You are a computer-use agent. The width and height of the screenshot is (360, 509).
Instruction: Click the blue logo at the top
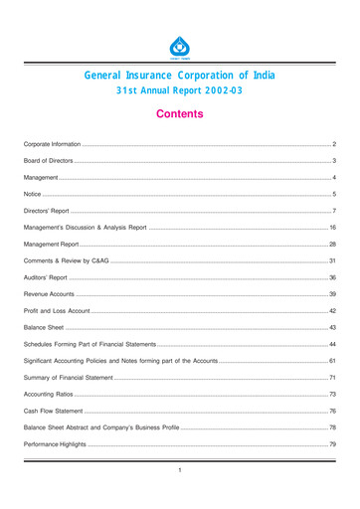click(179, 46)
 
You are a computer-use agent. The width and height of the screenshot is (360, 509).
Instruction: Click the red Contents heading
click(179, 114)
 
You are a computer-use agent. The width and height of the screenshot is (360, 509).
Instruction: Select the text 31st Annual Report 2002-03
click(179, 91)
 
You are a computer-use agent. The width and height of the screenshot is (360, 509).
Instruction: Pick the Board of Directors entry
click(49, 160)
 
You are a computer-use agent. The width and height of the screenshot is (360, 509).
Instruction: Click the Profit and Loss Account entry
click(56, 311)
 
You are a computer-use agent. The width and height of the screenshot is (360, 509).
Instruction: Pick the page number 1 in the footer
click(179, 469)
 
